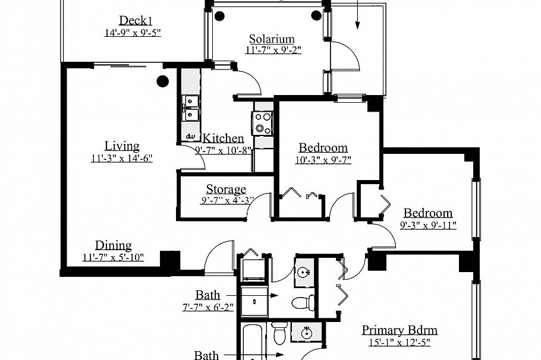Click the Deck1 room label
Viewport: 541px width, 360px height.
132,20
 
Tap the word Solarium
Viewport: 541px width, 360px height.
272,39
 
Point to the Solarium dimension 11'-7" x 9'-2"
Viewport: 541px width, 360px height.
273,50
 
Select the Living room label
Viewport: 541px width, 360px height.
122,146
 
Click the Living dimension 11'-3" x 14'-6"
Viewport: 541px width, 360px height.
122,158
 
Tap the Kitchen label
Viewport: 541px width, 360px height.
224,138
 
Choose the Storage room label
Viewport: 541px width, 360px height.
226,190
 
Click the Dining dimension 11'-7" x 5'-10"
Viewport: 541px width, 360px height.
113,258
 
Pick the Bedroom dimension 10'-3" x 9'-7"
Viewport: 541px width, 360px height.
323,159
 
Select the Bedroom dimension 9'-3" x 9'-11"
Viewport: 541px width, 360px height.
428,225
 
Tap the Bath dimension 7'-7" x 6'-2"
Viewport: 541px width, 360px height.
207,307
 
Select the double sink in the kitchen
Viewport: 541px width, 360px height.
191,108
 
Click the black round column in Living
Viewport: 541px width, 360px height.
162,82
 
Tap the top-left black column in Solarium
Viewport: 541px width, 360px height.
220,15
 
